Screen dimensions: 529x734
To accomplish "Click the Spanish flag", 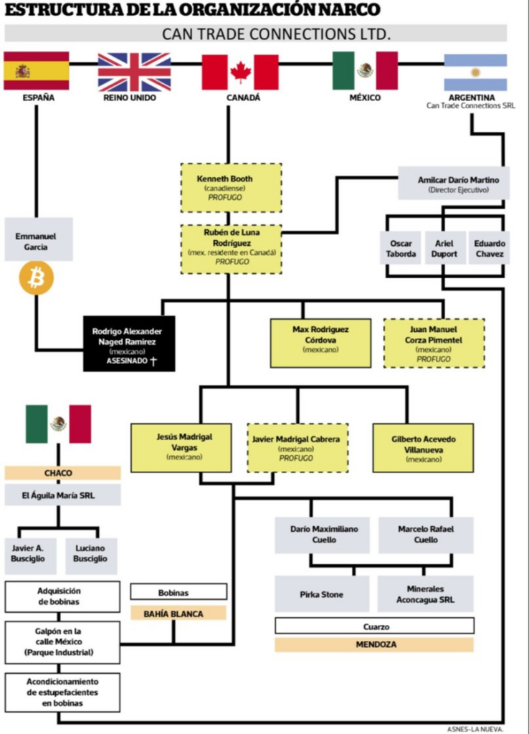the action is (37, 71).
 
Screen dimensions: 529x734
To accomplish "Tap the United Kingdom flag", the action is (134, 72).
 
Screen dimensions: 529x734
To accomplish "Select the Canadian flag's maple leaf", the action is (240, 72).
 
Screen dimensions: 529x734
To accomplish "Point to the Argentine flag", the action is (475, 72).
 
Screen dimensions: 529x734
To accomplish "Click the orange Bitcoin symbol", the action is (37, 278).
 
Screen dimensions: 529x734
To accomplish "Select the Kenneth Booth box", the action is (232, 188).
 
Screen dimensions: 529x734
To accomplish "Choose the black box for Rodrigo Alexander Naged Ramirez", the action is (129, 343).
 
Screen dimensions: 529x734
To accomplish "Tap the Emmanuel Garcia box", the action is (39, 239).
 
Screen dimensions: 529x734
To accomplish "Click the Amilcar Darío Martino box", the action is (454, 183).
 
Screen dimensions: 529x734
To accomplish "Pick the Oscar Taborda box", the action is (401, 248).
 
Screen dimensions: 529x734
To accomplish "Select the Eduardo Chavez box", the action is (489, 248).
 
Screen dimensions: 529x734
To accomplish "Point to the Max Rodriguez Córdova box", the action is (320, 343).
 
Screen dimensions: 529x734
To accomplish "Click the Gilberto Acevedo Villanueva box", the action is (423, 448).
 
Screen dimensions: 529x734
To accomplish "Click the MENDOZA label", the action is (374, 644).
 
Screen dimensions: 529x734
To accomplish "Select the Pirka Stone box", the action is (322, 594).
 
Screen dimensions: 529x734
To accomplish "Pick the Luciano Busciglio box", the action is (91, 556).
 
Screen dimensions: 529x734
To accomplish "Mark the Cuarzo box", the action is (374, 626).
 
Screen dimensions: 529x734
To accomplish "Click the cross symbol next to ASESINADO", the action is (153, 361).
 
